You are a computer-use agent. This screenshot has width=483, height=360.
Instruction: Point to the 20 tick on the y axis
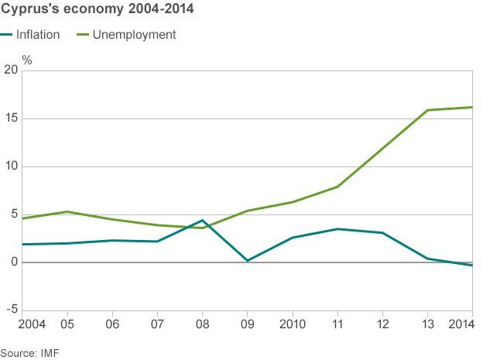tap(10, 70)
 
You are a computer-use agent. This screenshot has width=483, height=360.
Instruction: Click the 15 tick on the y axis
tap(10, 118)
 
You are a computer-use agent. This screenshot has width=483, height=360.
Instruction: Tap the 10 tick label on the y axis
tap(10, 166)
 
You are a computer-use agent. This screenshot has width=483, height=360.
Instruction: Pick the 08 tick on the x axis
tap(202, 323)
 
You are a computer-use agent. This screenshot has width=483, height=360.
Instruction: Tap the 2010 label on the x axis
tap(293, 323)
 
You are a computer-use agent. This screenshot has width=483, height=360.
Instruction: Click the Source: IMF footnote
tap(30, 352)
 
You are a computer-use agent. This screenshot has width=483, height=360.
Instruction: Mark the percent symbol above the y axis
tap(27, 59)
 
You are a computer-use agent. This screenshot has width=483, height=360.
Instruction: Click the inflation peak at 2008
tap(202, 220)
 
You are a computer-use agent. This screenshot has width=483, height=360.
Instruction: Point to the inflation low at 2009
tap(247, 261)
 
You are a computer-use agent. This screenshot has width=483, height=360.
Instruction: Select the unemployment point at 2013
tap(427, 110)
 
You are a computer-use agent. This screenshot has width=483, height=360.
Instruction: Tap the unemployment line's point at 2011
tap(337, 187)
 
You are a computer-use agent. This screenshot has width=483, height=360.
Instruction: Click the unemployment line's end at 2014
tap(472, 107)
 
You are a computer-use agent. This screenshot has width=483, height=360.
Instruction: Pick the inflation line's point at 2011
tap(337, 228)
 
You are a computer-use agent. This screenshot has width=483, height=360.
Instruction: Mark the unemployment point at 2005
tap(67, 211)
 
